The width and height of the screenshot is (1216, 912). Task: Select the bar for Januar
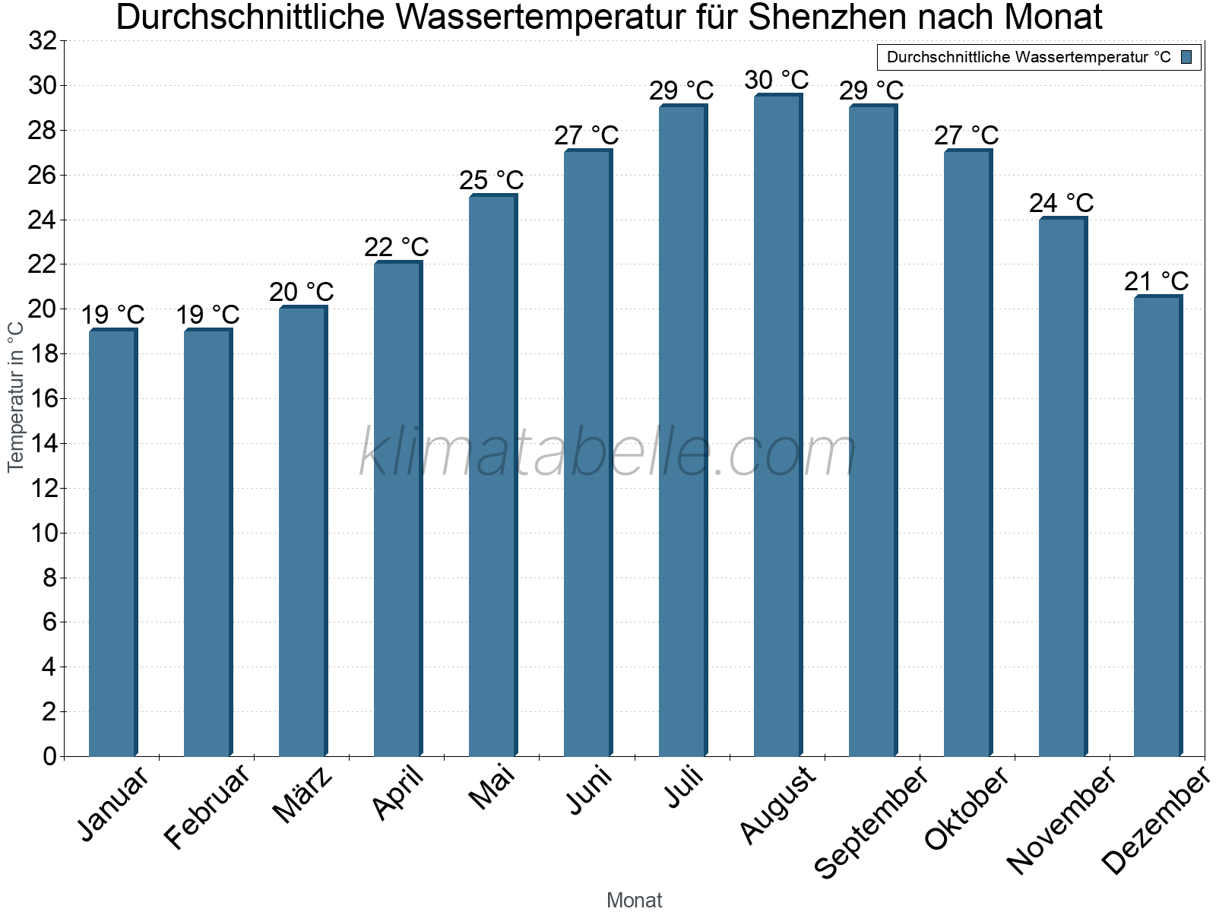point(112,543)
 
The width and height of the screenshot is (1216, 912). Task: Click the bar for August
point(777,426)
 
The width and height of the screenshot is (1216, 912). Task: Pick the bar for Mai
point(492,476)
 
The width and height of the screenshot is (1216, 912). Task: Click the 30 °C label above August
point(776,80)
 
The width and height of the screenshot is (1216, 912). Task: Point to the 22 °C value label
point(396,247)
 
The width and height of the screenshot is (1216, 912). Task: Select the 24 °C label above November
point(1061,203)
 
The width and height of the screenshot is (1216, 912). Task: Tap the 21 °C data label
point(1156,281)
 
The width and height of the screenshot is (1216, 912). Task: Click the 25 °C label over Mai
point(491,180)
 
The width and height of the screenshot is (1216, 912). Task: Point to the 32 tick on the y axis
point(43,41)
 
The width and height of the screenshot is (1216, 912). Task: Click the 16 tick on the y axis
point(43,399)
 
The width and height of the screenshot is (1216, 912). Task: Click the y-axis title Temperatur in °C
point(16,397)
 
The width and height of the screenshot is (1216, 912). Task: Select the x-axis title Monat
point(634,900)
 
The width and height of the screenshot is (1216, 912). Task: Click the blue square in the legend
point(1186,57)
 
